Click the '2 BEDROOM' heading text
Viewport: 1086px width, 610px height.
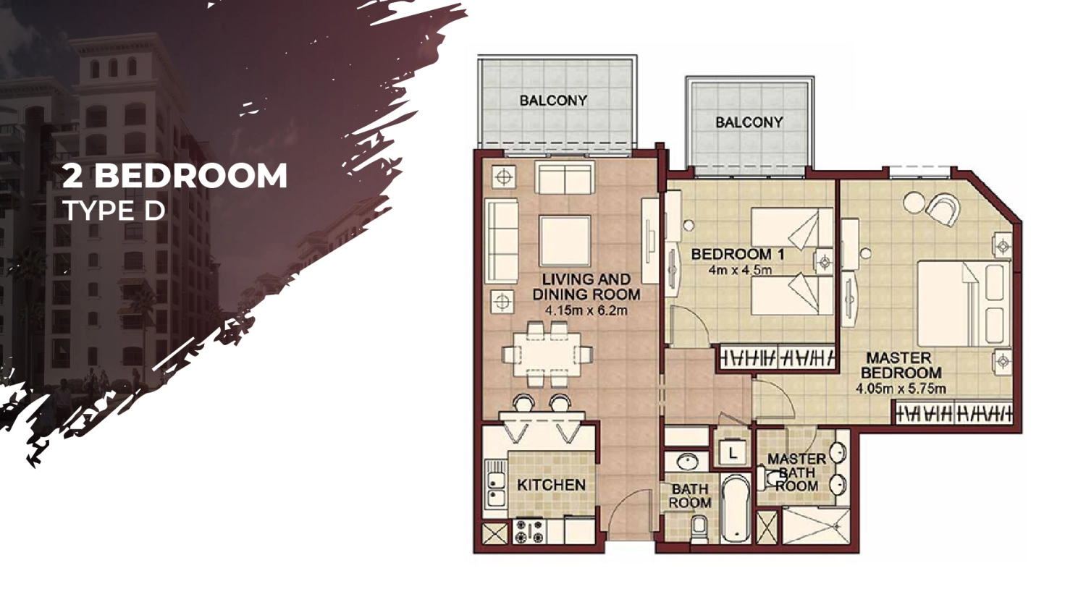click(x=175, y=175)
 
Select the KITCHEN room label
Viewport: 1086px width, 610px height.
click(x=551, y=485)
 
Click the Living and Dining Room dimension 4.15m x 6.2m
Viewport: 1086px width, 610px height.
click(x=586, y=310)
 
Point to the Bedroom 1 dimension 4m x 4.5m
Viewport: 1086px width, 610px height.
click(x=740, y=270)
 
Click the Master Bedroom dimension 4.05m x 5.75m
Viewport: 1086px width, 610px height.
click(x=901, y=389)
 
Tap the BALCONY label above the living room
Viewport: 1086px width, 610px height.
click(x=554, y=101)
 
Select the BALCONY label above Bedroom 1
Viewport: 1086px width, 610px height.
click(x=749, y=122)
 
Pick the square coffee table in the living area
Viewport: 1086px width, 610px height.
click(x=565, y=241)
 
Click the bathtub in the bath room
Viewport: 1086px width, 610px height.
click(x=736, y=508)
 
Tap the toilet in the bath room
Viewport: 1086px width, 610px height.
click(x=699, y=530)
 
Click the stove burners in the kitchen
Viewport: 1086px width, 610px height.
click(x=529, y=531)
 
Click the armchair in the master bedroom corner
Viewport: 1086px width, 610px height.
click(x=943, y=209)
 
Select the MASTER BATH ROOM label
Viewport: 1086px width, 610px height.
click(x=796, y=473)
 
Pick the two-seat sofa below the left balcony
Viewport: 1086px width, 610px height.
click(x=565, y=178)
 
